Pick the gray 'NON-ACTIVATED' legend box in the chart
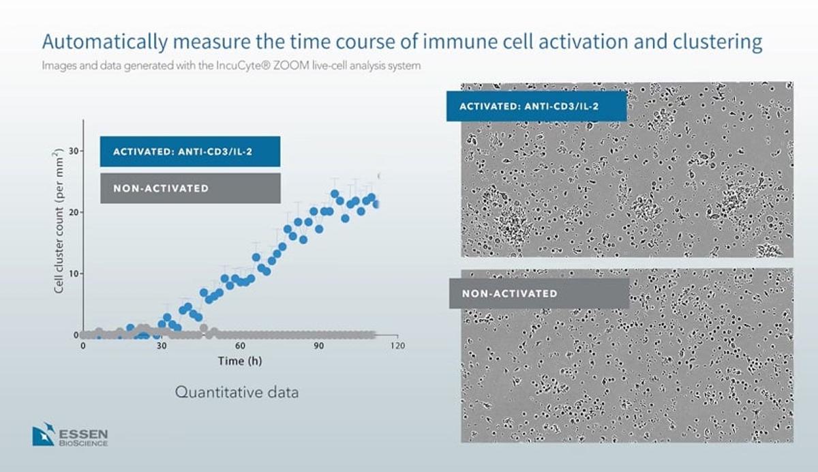tap(190, 188)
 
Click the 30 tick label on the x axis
tap(162, 346)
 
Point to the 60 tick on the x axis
tap(240, 346)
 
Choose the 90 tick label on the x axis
tap(318, 346)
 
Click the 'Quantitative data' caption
tap(237, 393)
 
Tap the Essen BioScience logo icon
tap(43, 434)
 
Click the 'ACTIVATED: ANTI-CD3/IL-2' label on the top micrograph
tap(536, 106)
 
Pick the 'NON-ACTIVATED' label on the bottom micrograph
tap(510, 294)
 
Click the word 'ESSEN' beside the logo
tap(83, 432)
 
